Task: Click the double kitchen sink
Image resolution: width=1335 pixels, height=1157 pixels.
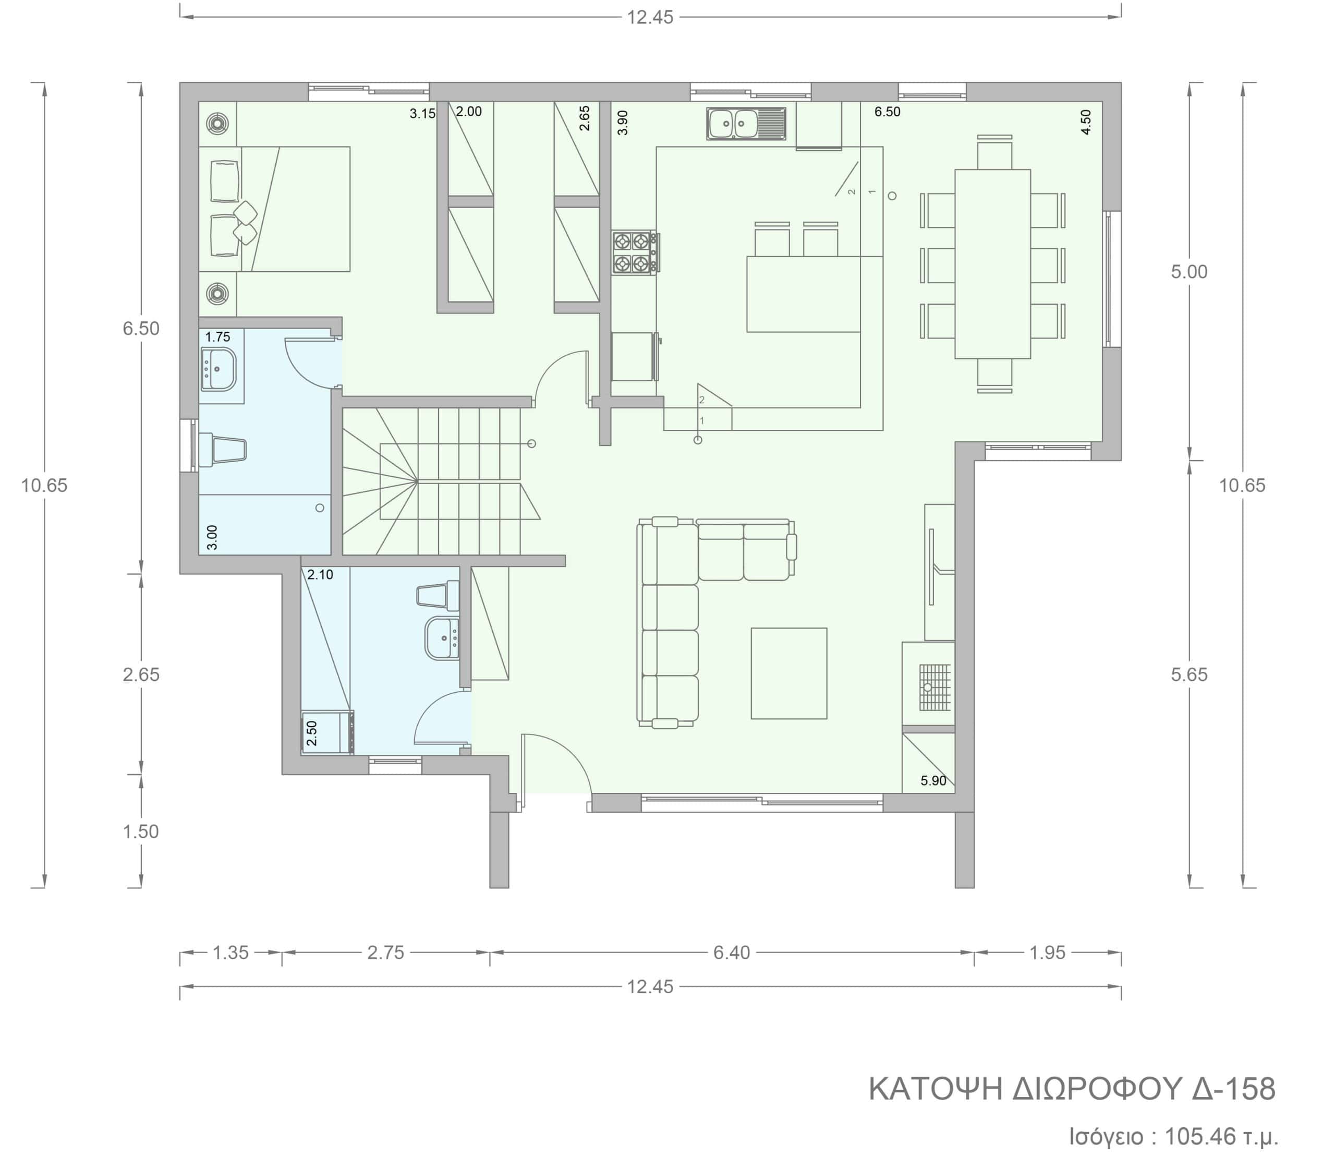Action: point(746,123)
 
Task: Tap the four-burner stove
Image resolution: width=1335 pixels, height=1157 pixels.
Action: point(635,252)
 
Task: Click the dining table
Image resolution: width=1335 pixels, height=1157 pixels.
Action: point(992,263)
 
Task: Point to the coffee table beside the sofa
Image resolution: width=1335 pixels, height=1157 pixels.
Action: point(789,673)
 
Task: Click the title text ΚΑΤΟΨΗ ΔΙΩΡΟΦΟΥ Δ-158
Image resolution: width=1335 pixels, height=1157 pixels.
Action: point(1072,1089)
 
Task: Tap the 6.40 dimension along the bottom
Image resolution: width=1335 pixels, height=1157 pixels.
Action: point(732,953)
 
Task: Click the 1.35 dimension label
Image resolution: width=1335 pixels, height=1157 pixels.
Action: point(230,953)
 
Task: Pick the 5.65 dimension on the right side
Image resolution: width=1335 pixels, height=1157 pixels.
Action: point(1189,674)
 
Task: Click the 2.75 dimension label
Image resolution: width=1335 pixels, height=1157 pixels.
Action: point(385,953)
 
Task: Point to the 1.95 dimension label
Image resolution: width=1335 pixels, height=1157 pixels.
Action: point(1047,953)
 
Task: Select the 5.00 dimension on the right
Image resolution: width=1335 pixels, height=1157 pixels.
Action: point(1189,272)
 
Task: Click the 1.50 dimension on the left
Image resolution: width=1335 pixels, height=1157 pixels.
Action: point(141,831)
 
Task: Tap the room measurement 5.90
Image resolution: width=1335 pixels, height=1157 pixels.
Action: point(933,780)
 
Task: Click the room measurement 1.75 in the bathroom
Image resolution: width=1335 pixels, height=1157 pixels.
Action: point(217,337)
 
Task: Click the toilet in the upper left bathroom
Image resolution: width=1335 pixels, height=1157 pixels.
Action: point(222,449)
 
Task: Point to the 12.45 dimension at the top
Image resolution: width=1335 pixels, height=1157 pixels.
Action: point(650,17)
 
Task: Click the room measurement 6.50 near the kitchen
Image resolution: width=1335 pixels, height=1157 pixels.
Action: point(887,112)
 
